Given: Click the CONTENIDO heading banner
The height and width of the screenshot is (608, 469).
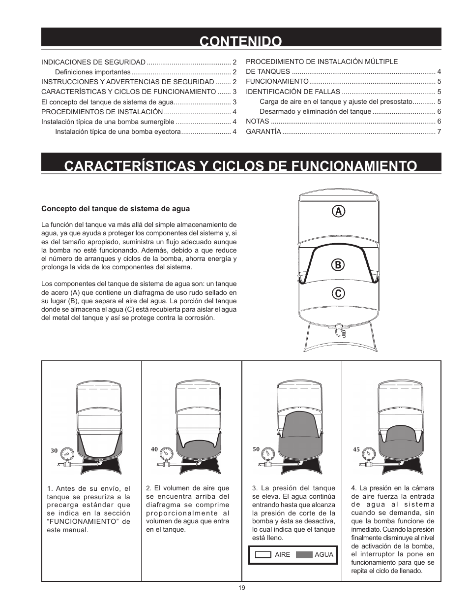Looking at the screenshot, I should click(x=241, y=40).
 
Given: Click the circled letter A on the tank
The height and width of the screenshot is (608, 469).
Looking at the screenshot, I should click(x=338, y=211).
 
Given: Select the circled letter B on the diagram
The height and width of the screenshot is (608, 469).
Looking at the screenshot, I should click(x=338, y=265).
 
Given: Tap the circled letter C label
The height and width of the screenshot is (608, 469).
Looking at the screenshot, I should click(x=338, y=294).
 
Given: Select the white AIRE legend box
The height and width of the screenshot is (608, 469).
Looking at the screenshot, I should click(x=264, y=554).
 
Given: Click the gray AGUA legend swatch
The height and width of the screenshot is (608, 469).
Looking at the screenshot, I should click(x=304, y=554).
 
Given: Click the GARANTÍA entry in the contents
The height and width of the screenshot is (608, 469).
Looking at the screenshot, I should click(x=264, y=131).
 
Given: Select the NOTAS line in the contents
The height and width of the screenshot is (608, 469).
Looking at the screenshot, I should click(x=257, y=121).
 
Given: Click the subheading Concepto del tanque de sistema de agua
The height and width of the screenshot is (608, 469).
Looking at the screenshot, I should click(x=115, y=209).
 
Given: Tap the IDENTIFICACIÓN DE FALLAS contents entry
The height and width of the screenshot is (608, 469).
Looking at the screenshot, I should click(x=293, y=92).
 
